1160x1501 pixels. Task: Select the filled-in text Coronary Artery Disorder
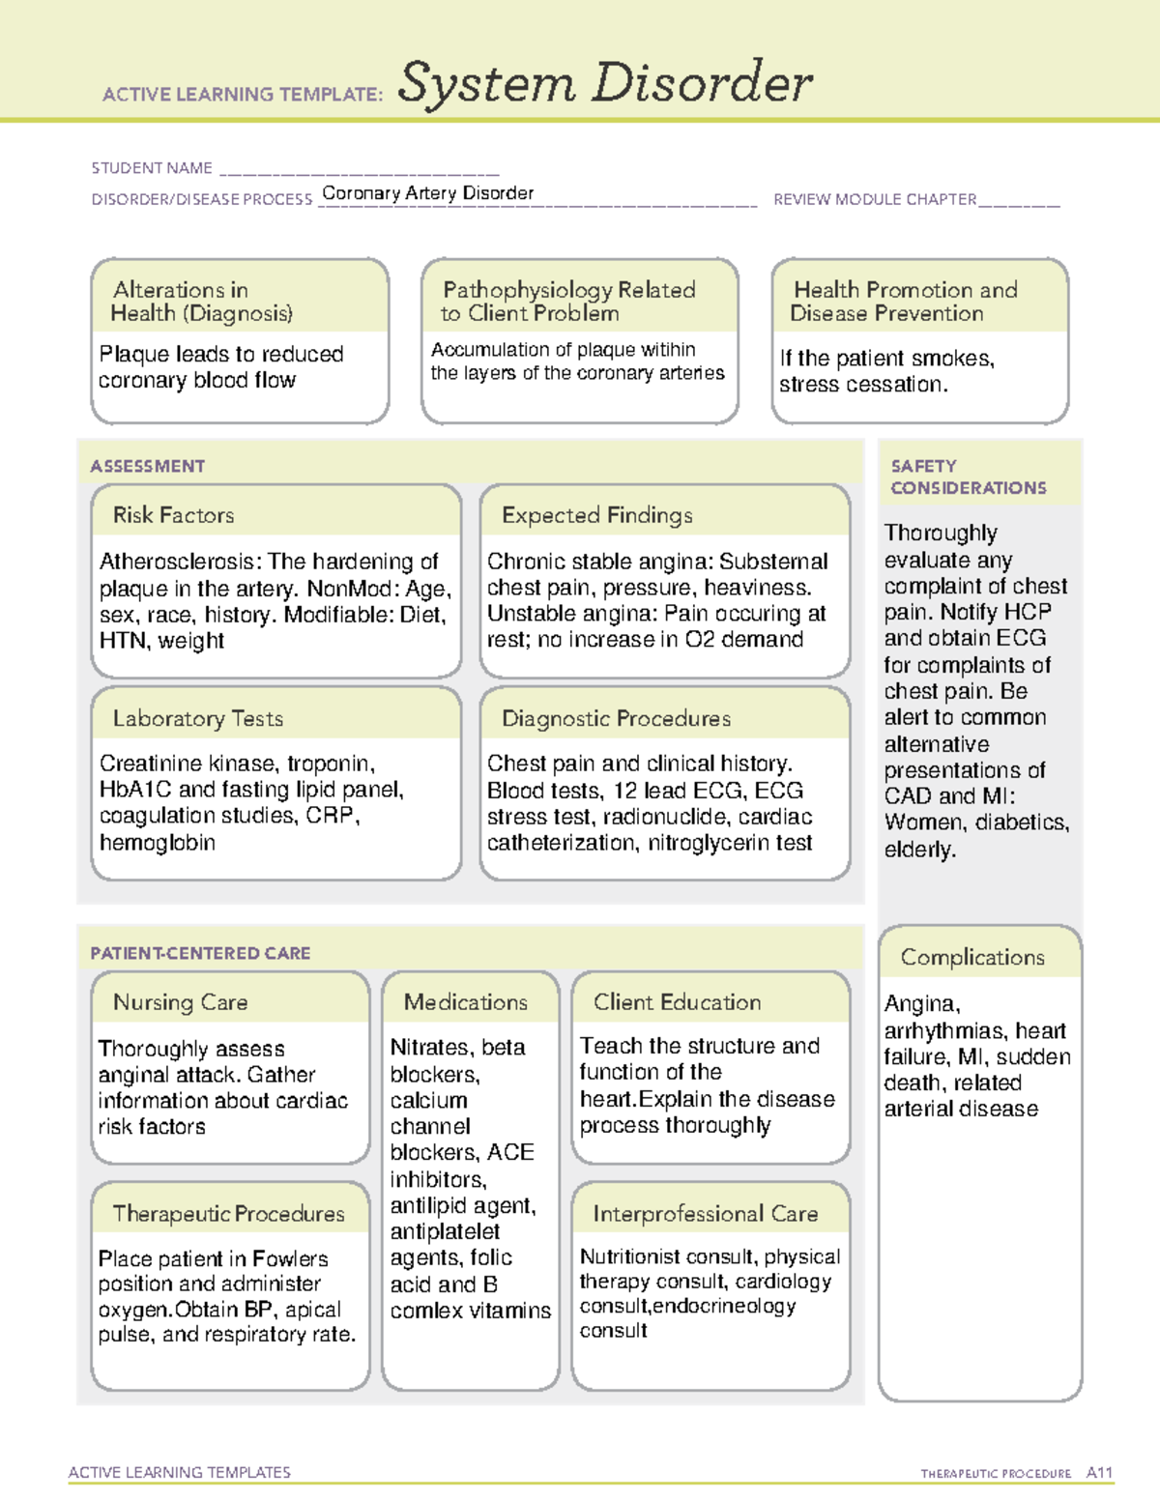pyautogui.click(x=427, y=193)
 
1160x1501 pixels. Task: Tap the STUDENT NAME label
pyautogui.click(x=152, y=168)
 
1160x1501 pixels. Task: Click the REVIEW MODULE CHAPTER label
pyautogui.click(x=875, y=199)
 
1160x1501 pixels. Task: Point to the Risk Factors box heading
pyautogui.click(x=173, y=515)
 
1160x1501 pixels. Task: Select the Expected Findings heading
pyautogui.click(x=596, y=515)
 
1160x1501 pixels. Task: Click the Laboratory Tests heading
pyautogui.click(x=197, y=718)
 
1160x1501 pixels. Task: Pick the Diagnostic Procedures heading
pyautogui.click(x=616, y=718)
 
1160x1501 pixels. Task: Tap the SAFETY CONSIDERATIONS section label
pyautogui.click(x=968, y=476)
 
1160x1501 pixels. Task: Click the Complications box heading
pyautogui.click(x=972, y=957)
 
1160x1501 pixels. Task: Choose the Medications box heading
pyautogui.click(x=466, y=1002)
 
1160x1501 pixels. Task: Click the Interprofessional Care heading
pyautogui.click(x=705, y=1213)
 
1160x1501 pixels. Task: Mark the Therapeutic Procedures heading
pyautogui.click(x=228, y=1213)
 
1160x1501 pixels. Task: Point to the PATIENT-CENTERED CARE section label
pyautogui.click(x=200, y=953)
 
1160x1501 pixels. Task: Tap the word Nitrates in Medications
pyautogui.click(x=429, y=1048)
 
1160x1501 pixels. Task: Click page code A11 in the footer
pyautogui.click(x=1099, y=1472)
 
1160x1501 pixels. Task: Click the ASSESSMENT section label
pyautogui.click(x=147, y=466)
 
